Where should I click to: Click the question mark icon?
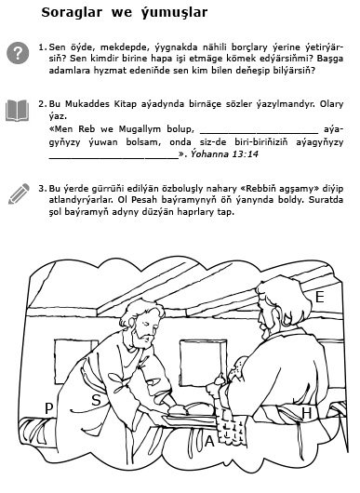click(18, 53)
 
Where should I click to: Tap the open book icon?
click(18, 111)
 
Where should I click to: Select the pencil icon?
click(19, 193)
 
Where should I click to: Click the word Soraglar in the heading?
click(72, 13)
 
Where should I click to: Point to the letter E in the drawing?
click(319, 297)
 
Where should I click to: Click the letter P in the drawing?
click(48, 408)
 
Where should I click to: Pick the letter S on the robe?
click(96, 400)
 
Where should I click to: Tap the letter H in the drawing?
click(307, 413)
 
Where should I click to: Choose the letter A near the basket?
click(209, 441)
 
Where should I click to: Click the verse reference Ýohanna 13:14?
click(224, 154)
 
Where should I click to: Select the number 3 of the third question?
click(42, 189)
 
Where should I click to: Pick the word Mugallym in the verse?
click(139, 129)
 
